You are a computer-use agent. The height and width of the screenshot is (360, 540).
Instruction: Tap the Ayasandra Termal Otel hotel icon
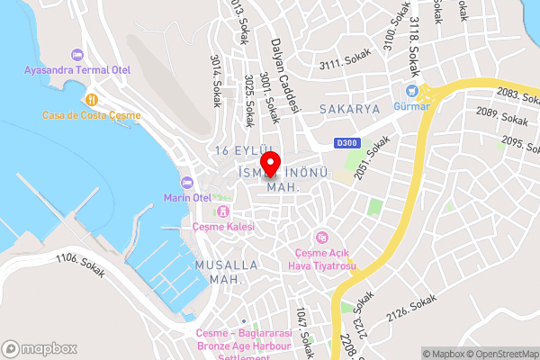pyautogui.click(x=76, y=55)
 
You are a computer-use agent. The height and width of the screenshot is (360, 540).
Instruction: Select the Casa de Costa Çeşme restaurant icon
pyautogui.click(x=91, y=99)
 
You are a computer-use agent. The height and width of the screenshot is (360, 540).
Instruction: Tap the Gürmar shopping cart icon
pyautogui.click(x=411, y=90)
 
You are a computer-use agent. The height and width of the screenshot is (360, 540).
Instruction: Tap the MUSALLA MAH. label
pyautogui.click(x=227, y=272)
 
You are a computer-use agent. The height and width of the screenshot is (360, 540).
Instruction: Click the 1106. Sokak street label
pyautogui.click(x=80, y=265)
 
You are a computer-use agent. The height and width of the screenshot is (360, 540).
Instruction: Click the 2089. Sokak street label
pyautogui.click(x=501, y=115)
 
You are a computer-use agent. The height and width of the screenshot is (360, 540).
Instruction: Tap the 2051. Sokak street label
pyautogui.click(x=372, y=156)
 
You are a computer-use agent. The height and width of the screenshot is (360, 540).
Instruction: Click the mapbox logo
pyautogui.click(x=39, y=347)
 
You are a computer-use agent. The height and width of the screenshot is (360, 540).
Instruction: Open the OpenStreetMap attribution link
pyautogui.click(x=499, y=353)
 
